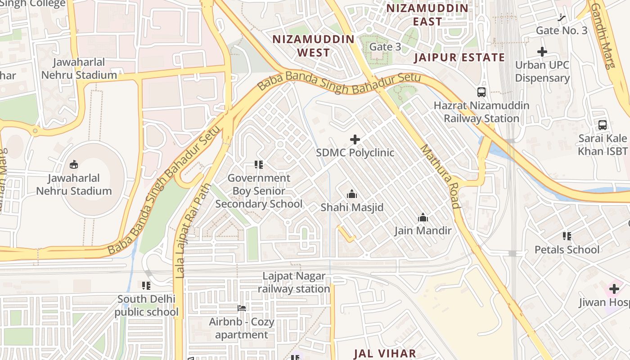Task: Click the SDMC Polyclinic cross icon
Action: (x=355, y=139)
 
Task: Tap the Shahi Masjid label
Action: (x=352, y=207)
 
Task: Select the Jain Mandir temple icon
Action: (x=423, y=218)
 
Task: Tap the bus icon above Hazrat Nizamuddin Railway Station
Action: (x=481, y=92)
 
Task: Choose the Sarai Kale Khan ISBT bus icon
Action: (x=603, y=125)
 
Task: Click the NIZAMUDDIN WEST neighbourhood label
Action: (x=314, y=45)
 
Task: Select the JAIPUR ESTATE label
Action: (x=459, y=57)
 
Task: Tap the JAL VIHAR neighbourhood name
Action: (x=385, y=353)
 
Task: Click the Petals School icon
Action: (x=567, y=236)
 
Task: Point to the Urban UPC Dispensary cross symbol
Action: (x=542, y=52)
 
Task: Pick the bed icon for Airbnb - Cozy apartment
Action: (x=242, y=308)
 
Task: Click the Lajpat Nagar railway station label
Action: (x=294, y=282)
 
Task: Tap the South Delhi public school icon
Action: (x=146, y=285)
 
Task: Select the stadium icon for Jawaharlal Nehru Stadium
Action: (x=74, y=165)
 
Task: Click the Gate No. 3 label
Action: (x=562, y=31)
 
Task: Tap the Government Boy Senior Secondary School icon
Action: (x=259, y=165)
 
